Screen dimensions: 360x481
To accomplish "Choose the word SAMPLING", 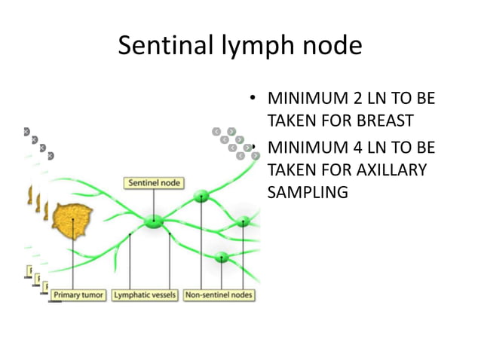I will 308,192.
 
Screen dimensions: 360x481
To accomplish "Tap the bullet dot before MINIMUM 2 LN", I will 255,99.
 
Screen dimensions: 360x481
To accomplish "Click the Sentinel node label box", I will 153,182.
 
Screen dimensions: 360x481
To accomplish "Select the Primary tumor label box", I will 78,294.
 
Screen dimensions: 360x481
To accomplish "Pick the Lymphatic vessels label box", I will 145,294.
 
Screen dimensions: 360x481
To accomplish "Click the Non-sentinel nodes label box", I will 218,294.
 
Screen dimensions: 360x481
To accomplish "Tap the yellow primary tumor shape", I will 72,219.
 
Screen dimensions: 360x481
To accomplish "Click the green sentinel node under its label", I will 153,221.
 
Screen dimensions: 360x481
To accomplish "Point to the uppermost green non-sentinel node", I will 201,197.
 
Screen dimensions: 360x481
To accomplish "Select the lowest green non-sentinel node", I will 221,258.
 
